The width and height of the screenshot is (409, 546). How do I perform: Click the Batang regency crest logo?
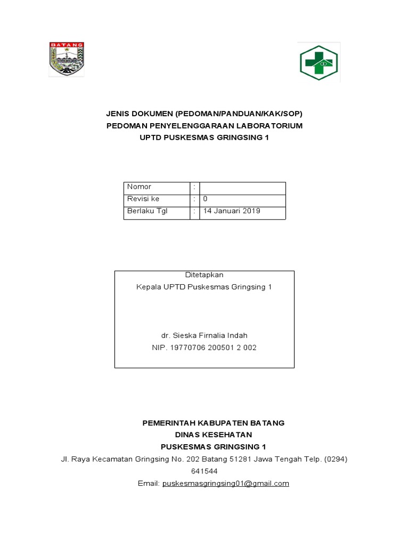point(67,59)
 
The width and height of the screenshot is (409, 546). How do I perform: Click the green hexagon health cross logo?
point(318,62)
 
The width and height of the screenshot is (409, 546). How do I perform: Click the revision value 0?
point(206,199)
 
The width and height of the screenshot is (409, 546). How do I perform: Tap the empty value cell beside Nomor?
point(242,187)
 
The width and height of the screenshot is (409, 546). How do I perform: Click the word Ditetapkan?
point(204,275)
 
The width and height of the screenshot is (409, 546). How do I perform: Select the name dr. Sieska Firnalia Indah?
point(204,335)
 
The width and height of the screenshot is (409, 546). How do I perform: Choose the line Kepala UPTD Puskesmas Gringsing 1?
point(204,287)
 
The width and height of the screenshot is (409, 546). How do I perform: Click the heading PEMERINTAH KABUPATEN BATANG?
point(213,423)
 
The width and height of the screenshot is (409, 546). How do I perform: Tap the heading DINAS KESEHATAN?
point(213,435)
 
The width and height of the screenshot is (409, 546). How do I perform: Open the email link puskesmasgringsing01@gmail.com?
point(225,484)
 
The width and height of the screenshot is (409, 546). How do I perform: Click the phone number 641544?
point(204,471)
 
